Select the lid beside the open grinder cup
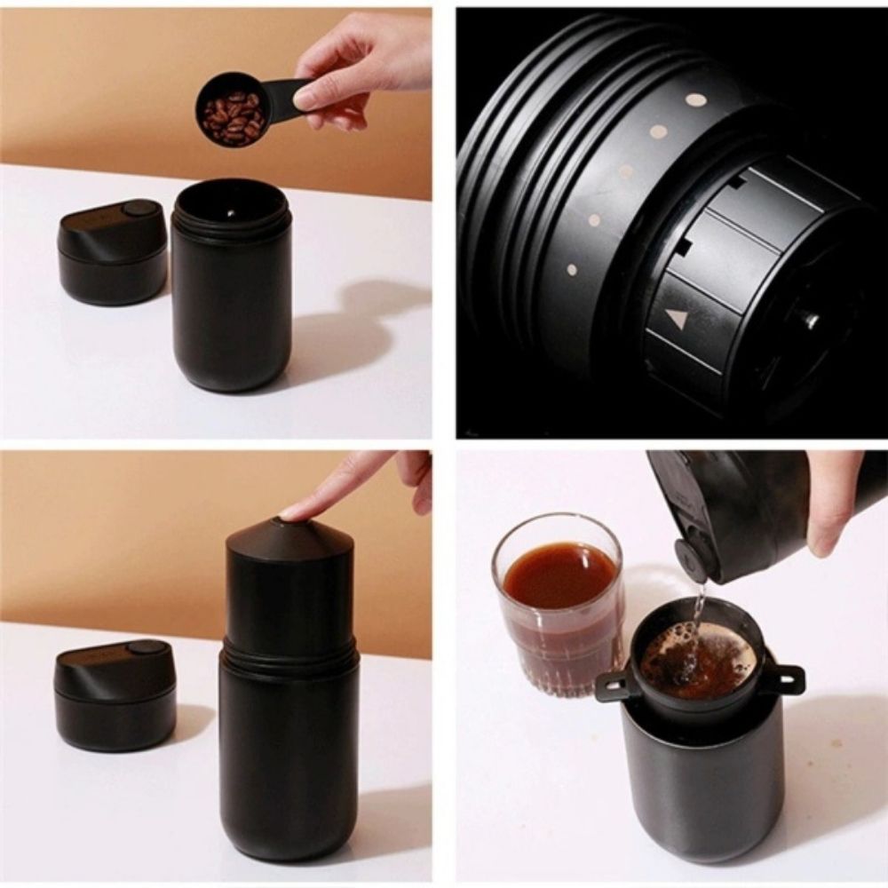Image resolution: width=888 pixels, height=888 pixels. (x=113, y=252)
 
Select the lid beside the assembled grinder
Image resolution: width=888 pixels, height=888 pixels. (x=113, y=696)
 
